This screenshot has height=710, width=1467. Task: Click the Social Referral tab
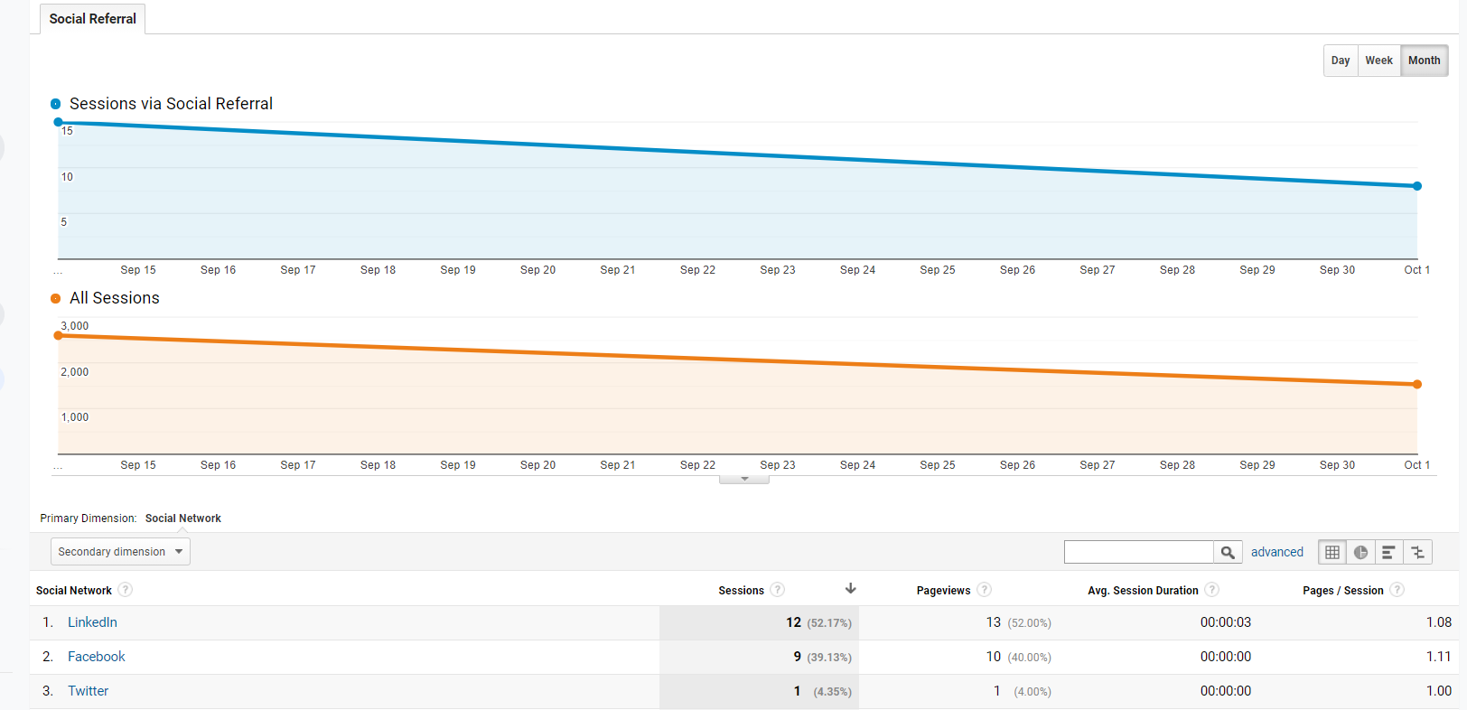[92, 19]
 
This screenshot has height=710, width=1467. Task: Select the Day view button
[1341, 61]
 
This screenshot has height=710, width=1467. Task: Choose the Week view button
[1378, 61]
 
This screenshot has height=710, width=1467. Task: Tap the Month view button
[1424, 61]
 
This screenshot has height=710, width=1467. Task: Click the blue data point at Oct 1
[1417, 186]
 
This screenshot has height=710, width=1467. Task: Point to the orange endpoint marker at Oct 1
[1417, 385]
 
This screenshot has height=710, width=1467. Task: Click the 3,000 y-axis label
[75, 326]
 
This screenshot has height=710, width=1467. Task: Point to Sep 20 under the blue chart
[537, 270]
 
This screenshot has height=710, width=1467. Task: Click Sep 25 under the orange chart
[938, 465]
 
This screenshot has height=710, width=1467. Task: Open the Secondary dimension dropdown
[120, 552]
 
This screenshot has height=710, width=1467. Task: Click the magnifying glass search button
[1228, 552]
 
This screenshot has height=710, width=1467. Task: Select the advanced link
[1276, 552]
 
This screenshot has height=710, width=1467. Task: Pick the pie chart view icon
[1360, 552]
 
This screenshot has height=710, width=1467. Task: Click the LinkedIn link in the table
[92, 622]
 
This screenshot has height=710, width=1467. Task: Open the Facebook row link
[96, 657]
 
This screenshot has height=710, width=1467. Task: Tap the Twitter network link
[88, 691]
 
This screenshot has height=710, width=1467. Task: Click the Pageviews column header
[943, 591]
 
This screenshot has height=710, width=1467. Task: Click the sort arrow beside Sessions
[850, 589]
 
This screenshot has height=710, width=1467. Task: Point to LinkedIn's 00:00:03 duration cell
[1225, 622]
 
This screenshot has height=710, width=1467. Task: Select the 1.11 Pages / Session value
[1438, 657]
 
